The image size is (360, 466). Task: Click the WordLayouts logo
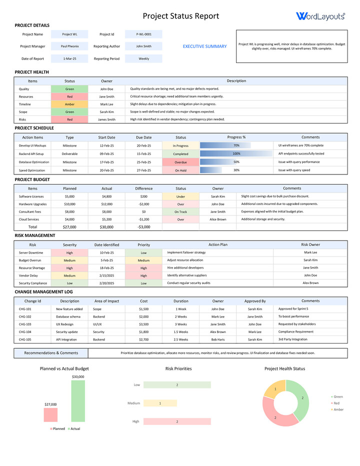click(x=320, y=16)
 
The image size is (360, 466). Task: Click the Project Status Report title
click(x=181, y=16)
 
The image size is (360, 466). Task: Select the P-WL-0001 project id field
click(x=143, y=34)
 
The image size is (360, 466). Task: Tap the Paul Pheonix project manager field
click(x=69, y=46)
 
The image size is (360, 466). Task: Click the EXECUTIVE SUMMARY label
click(x=204, y=46)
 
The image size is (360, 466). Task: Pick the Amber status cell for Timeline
click(x=69, y=104)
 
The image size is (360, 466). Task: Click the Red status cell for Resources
click(x=69, y=96)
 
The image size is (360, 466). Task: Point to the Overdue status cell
click(x=180, y=162)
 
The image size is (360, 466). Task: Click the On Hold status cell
click(x=180, y=170)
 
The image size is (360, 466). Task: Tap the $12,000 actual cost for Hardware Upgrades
click(x=107, y=204)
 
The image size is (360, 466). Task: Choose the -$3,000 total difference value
click(x=143, y=227)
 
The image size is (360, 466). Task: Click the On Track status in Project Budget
click(x=180, y=211)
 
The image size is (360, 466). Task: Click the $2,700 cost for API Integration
click(x=143, y=339)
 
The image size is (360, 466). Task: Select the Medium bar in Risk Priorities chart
click(x=160, y=403)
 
